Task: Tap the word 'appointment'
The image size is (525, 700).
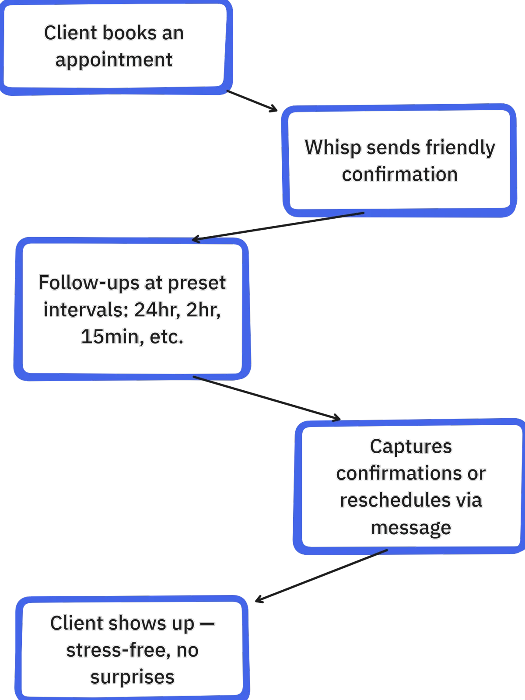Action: pos(114,60)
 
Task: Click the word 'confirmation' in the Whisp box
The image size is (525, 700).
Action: pos(400,174)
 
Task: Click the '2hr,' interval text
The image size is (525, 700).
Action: pos(203,310)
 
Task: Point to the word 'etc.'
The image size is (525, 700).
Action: pos(167,337)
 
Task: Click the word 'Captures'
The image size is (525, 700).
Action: pos(411,447)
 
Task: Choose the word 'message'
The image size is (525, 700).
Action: pos(411,528)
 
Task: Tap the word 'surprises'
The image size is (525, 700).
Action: pos(132,678)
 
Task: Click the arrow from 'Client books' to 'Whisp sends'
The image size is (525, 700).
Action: pos(252,101)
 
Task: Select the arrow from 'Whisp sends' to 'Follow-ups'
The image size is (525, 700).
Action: pos(278,226)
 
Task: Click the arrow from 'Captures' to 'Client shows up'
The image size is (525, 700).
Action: pos(321,576)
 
